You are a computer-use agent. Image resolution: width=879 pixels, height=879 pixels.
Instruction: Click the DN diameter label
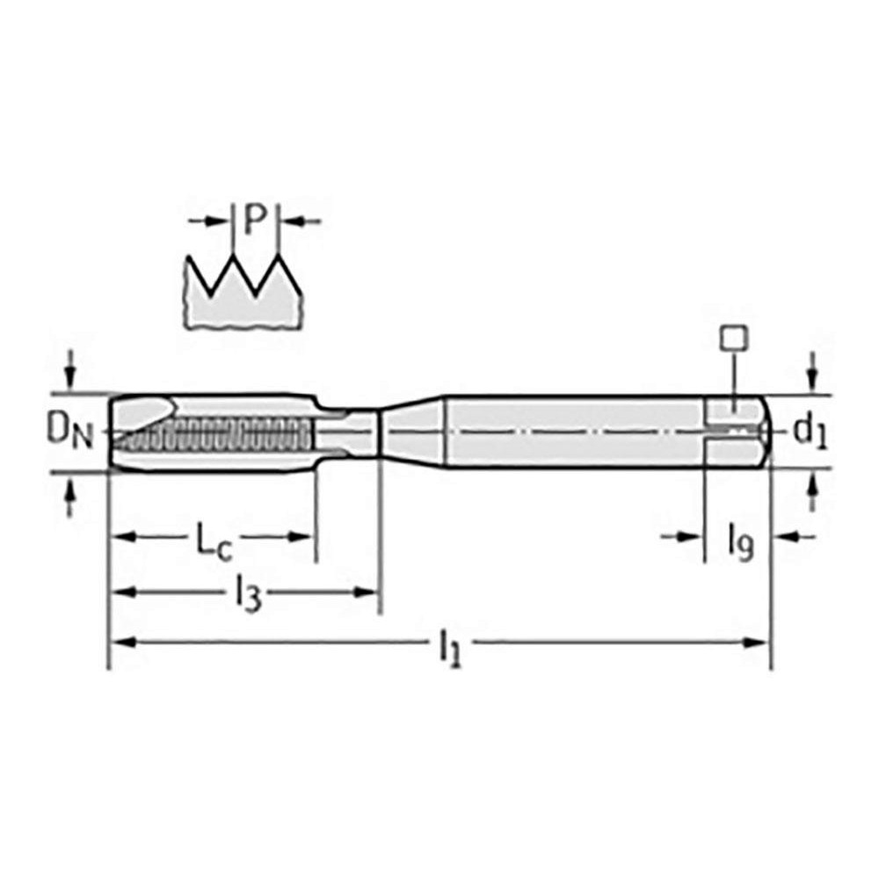pyautogui.click(x=69, y=432)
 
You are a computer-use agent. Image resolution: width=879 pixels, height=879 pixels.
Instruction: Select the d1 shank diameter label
pyautogui.click(x=810, y=431)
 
